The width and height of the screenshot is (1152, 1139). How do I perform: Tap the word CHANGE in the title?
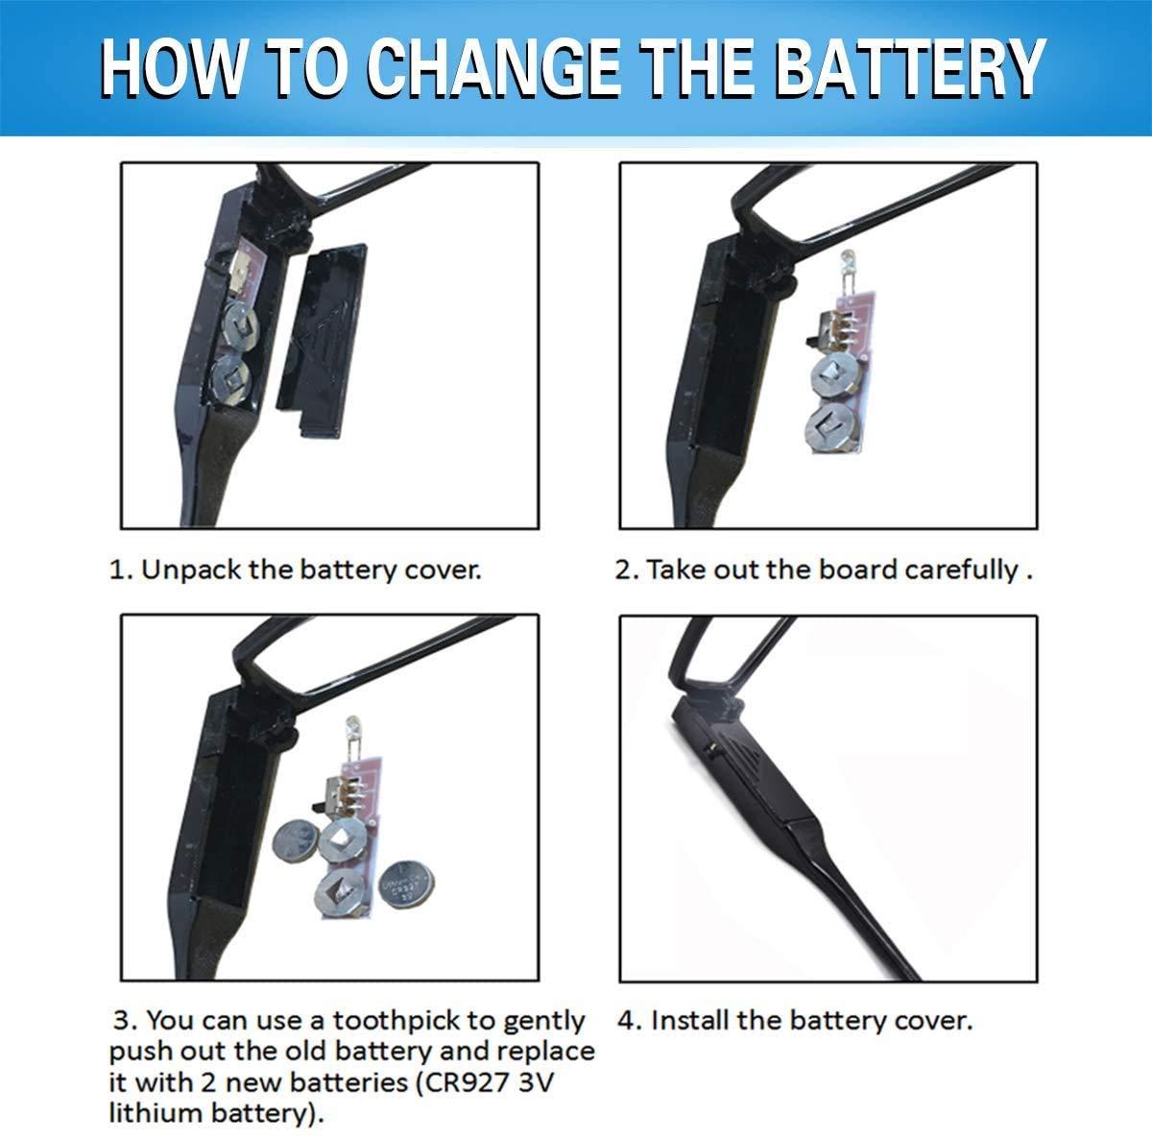click(x=493, y=67)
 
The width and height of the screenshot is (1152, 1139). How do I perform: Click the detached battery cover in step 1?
click(x=321, y=340)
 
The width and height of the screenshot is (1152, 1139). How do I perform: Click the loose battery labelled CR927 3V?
click(x=408, y=885)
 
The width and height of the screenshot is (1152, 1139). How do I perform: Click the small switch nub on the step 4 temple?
click(x=710, y=747)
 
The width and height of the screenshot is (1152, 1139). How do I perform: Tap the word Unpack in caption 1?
click(x=191, y=570)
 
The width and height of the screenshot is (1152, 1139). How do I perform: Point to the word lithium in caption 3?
click(x=156, y=1113)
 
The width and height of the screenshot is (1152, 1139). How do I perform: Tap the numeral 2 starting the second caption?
click(x=624, y=570)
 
